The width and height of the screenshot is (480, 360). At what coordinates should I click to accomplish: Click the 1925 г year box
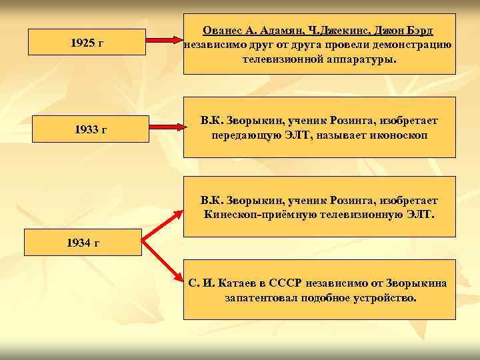[87, 43]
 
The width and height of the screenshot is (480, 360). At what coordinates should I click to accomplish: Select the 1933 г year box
[87, 129]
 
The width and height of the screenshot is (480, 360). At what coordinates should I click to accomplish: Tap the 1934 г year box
[83, 242]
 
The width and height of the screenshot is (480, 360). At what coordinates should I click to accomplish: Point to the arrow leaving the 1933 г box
[166, 125]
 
